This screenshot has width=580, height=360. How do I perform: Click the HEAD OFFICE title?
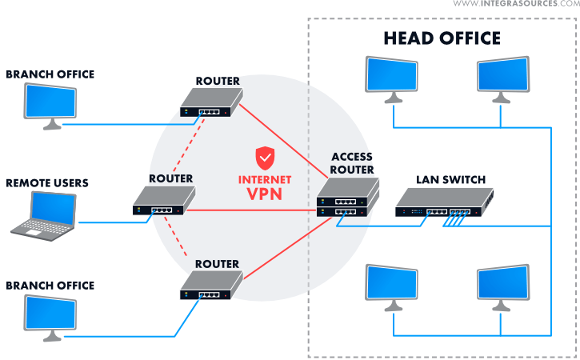[x=442, y=38]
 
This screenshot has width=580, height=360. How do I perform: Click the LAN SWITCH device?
[x=444, y=204]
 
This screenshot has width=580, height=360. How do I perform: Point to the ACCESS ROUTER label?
[x=352, y=163]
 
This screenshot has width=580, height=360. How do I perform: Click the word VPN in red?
[x=265, y=194]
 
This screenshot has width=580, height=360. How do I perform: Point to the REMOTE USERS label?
[x=47, y=183]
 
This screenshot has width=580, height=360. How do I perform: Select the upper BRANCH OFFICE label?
[x=50, y=74]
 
